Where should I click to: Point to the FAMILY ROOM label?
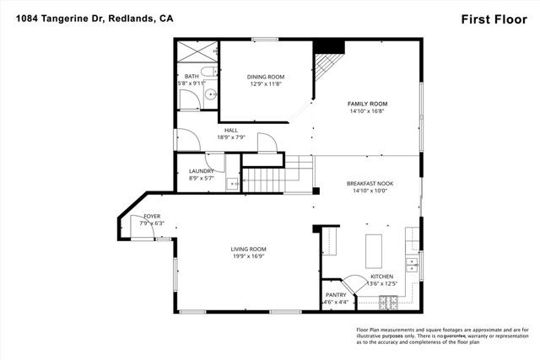point(367,104)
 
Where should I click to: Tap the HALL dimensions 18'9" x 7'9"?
point(230,137)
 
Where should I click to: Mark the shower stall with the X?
point(195,54)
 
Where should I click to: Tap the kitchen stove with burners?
point(389,301)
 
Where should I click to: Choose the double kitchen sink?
point(413,265)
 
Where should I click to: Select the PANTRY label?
point(335,294)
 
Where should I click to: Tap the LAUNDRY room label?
point(201,171)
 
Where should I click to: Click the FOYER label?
point(152,217)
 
